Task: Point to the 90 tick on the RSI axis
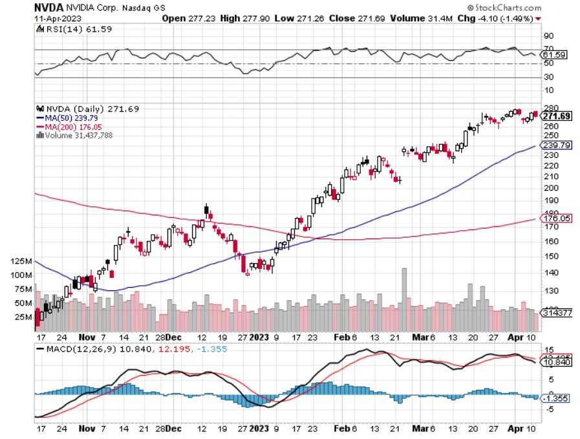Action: pos(547,36)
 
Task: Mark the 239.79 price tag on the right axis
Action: pos(556,145)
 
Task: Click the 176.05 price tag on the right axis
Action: pos(556,219)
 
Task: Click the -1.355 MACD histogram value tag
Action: pos(557,399)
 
